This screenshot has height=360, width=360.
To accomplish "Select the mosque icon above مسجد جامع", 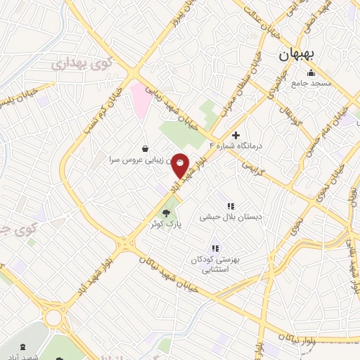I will coord(311,73).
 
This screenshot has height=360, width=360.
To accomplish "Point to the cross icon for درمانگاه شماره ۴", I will coord(236,135).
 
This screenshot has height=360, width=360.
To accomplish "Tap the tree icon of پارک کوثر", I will coord(166,213).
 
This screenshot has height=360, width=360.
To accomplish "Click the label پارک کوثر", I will coord(165,223).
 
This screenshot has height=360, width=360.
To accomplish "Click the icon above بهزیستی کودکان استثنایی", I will coord(215,247).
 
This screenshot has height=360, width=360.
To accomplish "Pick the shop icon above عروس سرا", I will coord(145,148).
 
